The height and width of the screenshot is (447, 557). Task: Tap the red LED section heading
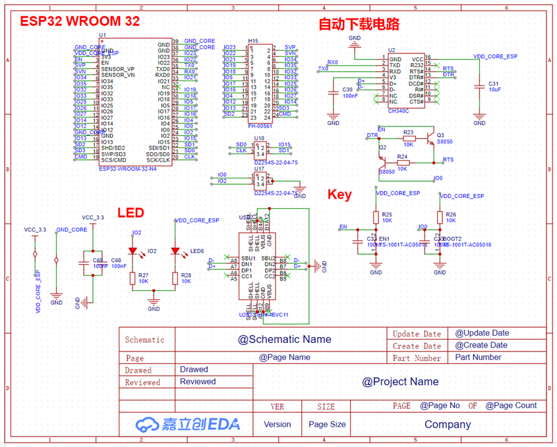[131, 213]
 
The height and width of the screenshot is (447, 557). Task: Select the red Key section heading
[339, 195]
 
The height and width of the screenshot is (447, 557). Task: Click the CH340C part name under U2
[399, 111]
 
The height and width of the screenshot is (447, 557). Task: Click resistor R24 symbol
[403, 163]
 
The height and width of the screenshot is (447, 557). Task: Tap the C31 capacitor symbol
[479, 85]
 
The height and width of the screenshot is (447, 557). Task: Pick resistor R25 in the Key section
[376, 217]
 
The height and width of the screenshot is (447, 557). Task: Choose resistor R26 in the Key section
[440, 217]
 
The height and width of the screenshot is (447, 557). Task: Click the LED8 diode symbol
[175, 251]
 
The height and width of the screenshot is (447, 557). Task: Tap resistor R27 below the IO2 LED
[132, 277]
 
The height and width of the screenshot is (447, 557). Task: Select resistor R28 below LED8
[175, 277]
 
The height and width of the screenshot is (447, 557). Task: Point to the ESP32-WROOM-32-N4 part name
[127, 169]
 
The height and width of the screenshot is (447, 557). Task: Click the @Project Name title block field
[400, 382]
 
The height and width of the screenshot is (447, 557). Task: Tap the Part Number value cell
[478, 357]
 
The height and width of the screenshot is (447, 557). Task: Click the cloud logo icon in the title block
[144, 425]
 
